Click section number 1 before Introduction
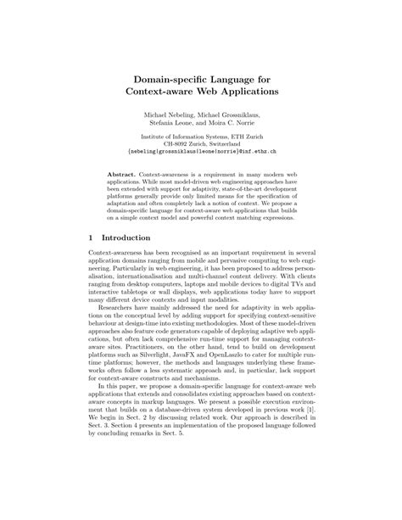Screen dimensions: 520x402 click(90, 238)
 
